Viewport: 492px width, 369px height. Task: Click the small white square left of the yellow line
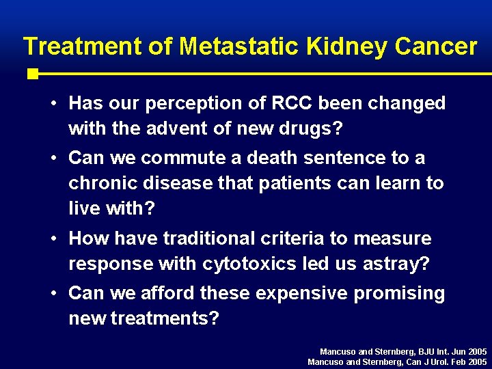(x=32, y=73)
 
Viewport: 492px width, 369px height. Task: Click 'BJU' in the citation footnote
(x=414, y=351)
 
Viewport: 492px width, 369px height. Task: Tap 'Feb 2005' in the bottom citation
(x=468, y=361)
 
